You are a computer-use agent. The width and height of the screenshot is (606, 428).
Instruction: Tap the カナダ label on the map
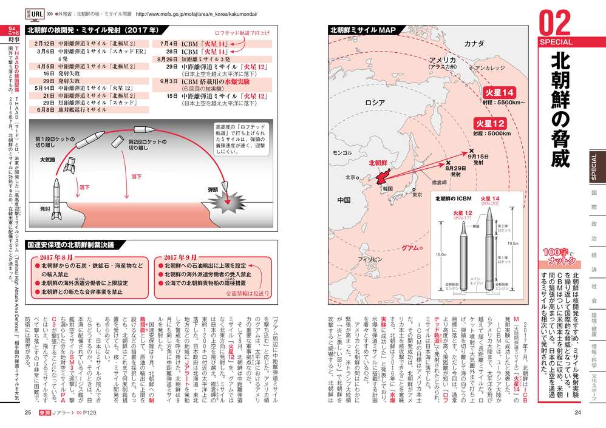coord(475,44)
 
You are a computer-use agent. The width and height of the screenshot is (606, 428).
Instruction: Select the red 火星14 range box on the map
coord(498,92)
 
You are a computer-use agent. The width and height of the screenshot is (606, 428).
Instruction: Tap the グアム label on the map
coord(412,248)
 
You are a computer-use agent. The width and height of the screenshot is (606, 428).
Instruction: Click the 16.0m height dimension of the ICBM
coord(441,255)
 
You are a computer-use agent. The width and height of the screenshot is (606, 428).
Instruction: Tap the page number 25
coord(27,413)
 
